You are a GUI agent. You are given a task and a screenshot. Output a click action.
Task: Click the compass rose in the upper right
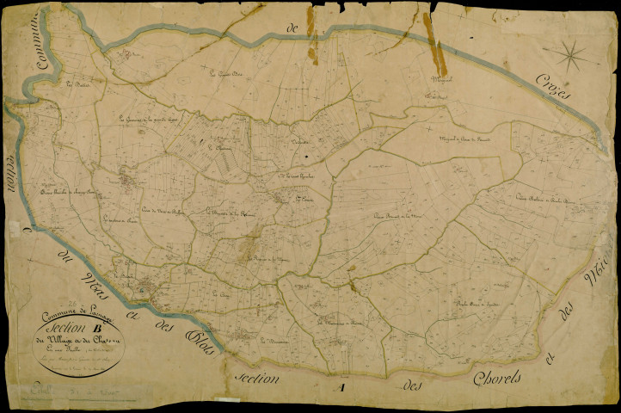tap(569, 56)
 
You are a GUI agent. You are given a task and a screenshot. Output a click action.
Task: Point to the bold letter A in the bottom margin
tap(341, 388)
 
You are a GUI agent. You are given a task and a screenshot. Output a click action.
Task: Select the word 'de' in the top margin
tap(292, 30)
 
